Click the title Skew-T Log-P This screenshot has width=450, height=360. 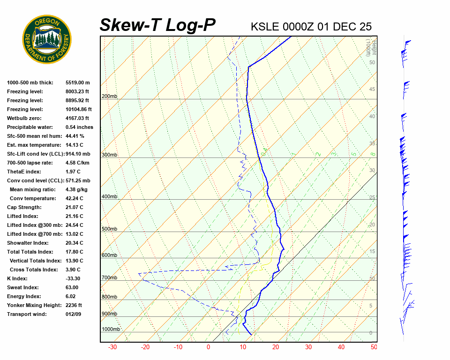pyautogui.click(x=157, y=25)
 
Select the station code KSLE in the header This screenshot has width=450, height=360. pyautogui.click(x=265, y=26)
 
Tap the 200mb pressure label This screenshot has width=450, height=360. pyautogui.click(x=109, y=97)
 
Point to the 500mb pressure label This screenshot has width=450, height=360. pyautogui.click(x=109, y=229)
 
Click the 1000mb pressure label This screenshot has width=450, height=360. pyautogui.click(x=111, y=330)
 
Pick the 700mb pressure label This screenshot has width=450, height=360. pyautogui.click(x=109, y=278)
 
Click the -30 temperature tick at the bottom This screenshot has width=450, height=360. pyautogui.click(x=112, y=347)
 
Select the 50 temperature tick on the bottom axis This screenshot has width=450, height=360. pyautogui.click(x=374, y=347)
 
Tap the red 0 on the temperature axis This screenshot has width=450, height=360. pyautogui.click(x=209, y=347)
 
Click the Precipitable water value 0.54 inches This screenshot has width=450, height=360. pyautogui.click(x=79, y=127)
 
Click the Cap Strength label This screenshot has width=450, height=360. pyautogui.click(x=24, y=207)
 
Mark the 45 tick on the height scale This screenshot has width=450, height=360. pyautogui.click(x=372, y=90)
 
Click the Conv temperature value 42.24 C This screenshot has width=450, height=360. pyautogui.click(x=74, y=198)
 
